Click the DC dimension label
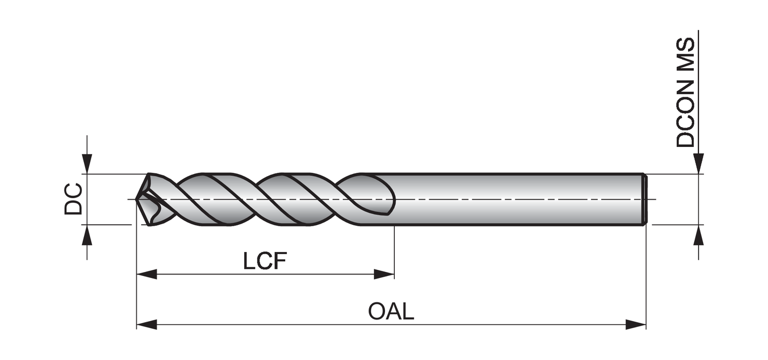pyautogui.click(x=73, y=199)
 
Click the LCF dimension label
pyautogui.click(x=264, y=261)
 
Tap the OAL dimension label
pyautogui.click(x=391, y=311)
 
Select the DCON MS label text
pyautogui.click(x=686, y=93)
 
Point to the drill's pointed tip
pyautogui.click(x=137, y=199)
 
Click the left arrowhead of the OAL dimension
pyautogui.click(x=146, y=325)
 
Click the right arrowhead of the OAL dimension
pyautogui.click(x=636, y=325)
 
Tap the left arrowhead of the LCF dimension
pyautogui.click(x=146, y=274)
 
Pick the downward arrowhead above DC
pyautogui.click(x=88, y=164)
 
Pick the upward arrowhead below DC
pyautogui.click(x=88, y=235)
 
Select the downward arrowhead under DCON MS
pyautogui.click(x=698, y=164)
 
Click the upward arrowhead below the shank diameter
pyautogui.click(x=698, y=235)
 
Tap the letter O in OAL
pyautogui.click(x=377, y=311)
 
